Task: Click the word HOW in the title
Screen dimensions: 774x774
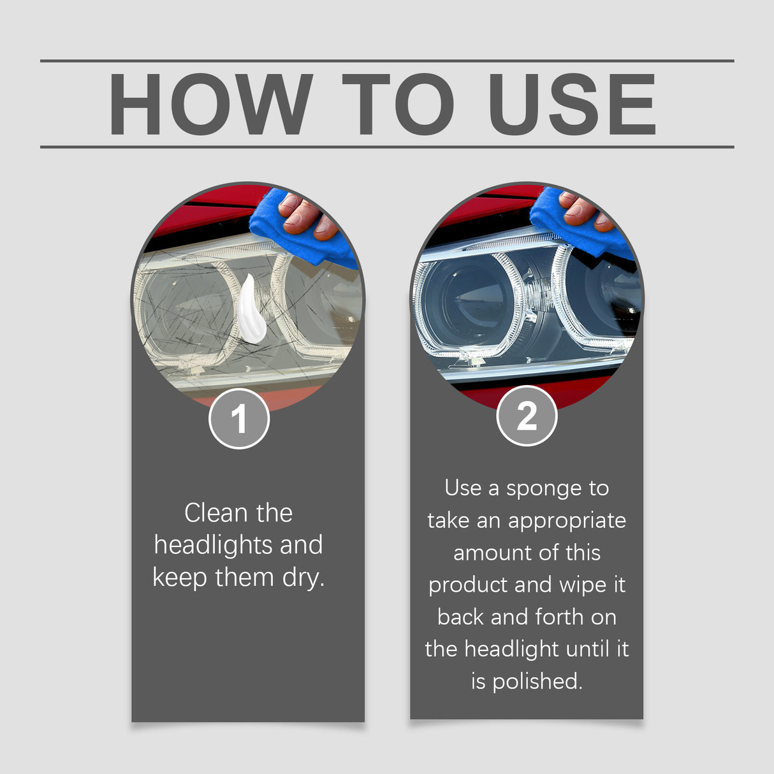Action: pyautogui.click(x=211, y=105)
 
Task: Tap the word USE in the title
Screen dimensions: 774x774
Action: pyautogui.click(x=572, y=105)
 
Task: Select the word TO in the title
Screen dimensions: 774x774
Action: pyautogui.click(x=398, y=105)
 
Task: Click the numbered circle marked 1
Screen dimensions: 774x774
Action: pyautogui.click(x=239, y=419)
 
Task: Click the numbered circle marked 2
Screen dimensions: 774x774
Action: pyautogui.click(x=527, y=416)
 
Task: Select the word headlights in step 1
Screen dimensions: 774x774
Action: pyautogui.click(x=212, y=546)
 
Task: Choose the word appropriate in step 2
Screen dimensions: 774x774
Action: pyautogui.click(x=567, y=521)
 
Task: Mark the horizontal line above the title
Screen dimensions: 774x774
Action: pyautogui.click(x=387, y=61)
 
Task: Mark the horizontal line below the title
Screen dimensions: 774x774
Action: pyautogui.click(x=387, y=147)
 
